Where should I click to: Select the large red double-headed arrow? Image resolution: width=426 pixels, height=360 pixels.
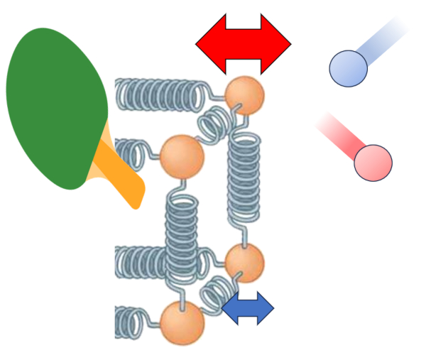click(244, 43)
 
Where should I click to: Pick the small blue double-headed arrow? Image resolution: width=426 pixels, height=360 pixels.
click(247, 307)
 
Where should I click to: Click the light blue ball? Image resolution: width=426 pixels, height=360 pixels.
click(348, 68)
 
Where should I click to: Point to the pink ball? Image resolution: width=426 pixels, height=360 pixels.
click(373, 163)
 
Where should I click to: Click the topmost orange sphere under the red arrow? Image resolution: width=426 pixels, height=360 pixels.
click(244, 94)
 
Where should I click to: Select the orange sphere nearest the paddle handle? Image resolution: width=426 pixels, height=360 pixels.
click(182, 154)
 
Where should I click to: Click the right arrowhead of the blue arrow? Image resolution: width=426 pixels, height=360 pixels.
click(264, 307)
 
